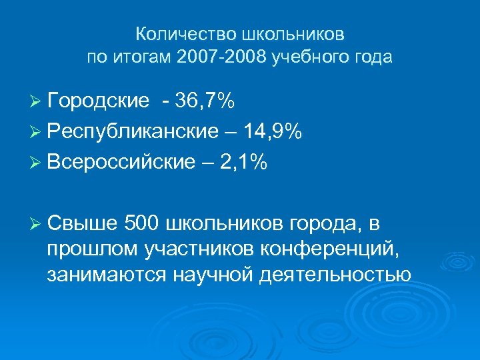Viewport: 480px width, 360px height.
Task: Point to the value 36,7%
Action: (x=203, y=101)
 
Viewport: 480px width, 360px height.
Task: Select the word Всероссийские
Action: (x=123, y=163)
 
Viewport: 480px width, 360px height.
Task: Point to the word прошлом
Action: (x=93, y=248)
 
